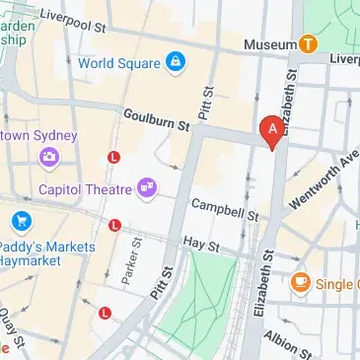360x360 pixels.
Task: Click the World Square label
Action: [117, 62]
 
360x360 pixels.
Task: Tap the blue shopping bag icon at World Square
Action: [176, 62]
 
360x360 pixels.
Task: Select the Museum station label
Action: [270, 44]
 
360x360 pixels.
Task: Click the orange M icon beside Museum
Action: [308, 43]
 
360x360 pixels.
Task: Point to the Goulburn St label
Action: [156, 120]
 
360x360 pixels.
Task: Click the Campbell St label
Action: [224, 209]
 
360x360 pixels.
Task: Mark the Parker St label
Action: [128, 259]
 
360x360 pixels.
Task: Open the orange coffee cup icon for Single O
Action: [301, 284]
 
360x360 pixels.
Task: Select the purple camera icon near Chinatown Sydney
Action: [47, 156]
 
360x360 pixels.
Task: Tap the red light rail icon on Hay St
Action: [115, 226]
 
